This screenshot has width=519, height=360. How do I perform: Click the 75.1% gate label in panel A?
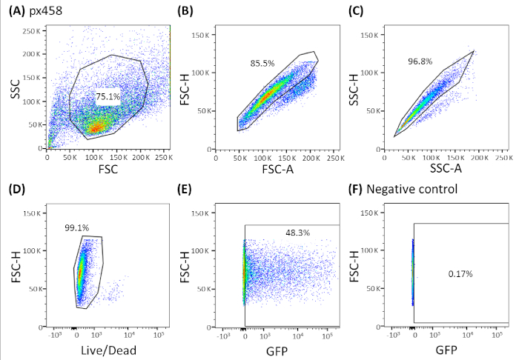pyautogui.click(x=107, y=96)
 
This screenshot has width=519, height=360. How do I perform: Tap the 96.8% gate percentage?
pyautogui.click(x=420, y=61)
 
